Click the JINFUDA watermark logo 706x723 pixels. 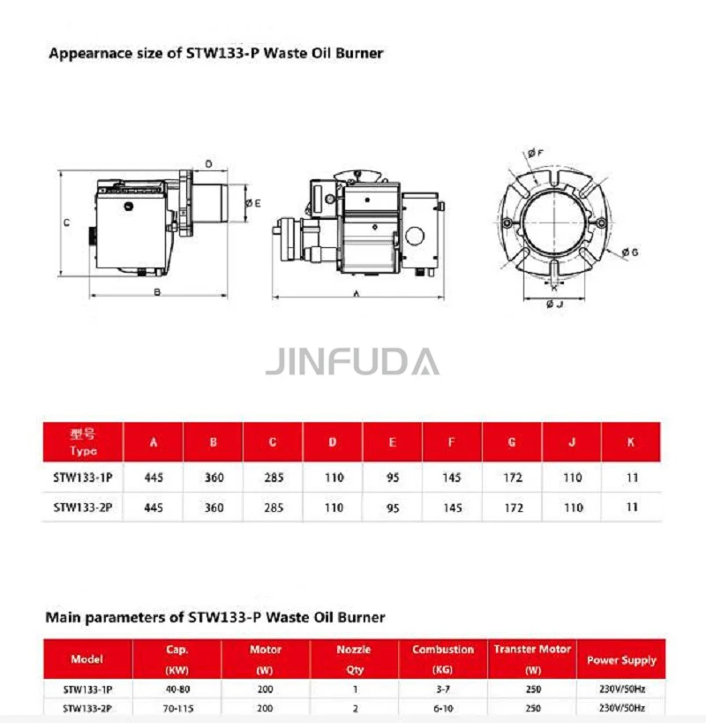click(352, 362)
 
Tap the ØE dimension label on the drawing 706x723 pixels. click(253, 203)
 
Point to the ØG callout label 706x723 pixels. click(630, 252)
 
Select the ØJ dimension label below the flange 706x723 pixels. click(554, 305)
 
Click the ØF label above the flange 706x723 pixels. click(536, 153)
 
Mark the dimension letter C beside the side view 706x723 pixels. click(67, 222)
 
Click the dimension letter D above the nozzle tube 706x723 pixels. click(209, 164)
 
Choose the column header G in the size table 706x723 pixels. click(512, 442)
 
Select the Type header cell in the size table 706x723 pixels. click(83, 441)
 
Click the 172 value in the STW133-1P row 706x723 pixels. click(513, 478)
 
